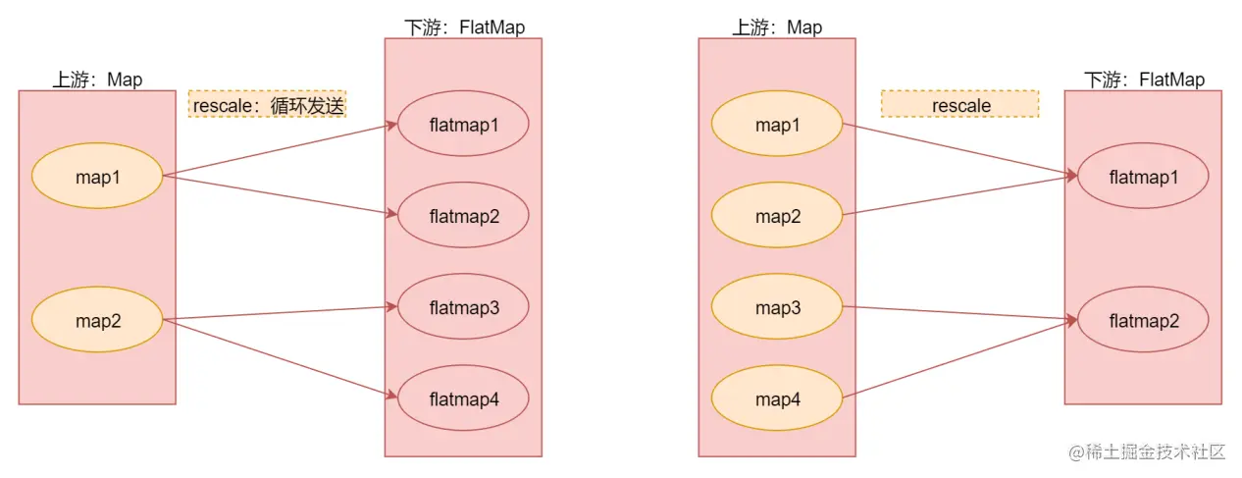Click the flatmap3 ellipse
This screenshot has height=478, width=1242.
click(x=463, y=307)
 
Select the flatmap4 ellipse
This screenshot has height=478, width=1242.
click(x=463, y=398)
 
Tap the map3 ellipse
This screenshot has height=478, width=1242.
click(x=776, y=307)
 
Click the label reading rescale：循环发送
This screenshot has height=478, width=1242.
click(x=268, y=105)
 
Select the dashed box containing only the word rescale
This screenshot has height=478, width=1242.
click(x=959, y=105)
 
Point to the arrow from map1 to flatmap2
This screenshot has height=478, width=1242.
click(x=280, y=194)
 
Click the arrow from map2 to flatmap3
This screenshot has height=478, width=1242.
click(x=280, y=313)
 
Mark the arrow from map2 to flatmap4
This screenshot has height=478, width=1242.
click(x=280, y=357)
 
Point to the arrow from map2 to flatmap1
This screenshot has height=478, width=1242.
click(x=957, y=196)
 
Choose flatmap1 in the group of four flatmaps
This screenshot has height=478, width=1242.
click(x=463, y=125)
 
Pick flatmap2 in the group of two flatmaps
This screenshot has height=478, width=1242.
click(x=1143, y=320)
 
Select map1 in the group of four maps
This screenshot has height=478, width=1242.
click(x=776, y=125)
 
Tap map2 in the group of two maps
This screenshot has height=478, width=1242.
click(x=96, y=320)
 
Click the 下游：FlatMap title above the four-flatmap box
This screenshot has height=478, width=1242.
click(x=464, y=27)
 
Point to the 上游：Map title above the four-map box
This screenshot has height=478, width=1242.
click(x=777, y=27)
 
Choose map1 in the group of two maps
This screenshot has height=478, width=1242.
click(x=96, y=176)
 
